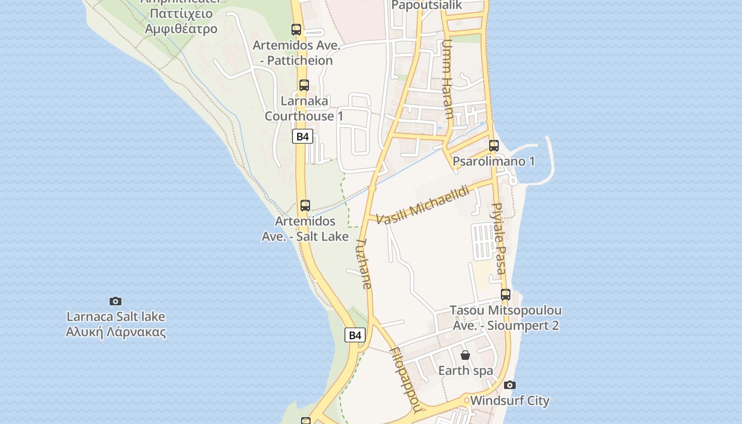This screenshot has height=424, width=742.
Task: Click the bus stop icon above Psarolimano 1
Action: click(494, 145)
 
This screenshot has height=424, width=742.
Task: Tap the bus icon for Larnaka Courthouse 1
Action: click(304, 85)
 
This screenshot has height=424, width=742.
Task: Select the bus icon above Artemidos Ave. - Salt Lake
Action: click(305, 206)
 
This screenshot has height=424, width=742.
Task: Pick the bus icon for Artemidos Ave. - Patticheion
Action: click(296, 30)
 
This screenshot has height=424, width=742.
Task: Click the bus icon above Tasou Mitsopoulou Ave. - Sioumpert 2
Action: click(506, 294)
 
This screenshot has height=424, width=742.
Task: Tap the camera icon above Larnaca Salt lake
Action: click(116, 301)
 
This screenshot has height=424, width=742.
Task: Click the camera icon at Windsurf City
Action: click(510, 385)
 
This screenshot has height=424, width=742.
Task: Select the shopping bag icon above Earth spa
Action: click(465, 355)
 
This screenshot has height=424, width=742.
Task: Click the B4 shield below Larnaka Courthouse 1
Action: click(302, 136)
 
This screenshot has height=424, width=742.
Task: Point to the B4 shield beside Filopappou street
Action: click(355, 335)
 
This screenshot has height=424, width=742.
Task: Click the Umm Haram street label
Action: click(448, 79)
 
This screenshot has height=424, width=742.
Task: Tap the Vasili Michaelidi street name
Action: click(423, 205)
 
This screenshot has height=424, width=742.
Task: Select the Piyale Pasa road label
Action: click(499, 238)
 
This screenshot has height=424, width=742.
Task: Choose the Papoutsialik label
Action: click(427, 5)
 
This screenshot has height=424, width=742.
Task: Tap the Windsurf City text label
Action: click(510, 401)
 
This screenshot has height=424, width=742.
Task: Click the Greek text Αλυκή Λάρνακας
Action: click(116, 333)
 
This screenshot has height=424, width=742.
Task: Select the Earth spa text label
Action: click(465, 370)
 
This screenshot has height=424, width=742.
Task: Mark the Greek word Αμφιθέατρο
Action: click(181, 29)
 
